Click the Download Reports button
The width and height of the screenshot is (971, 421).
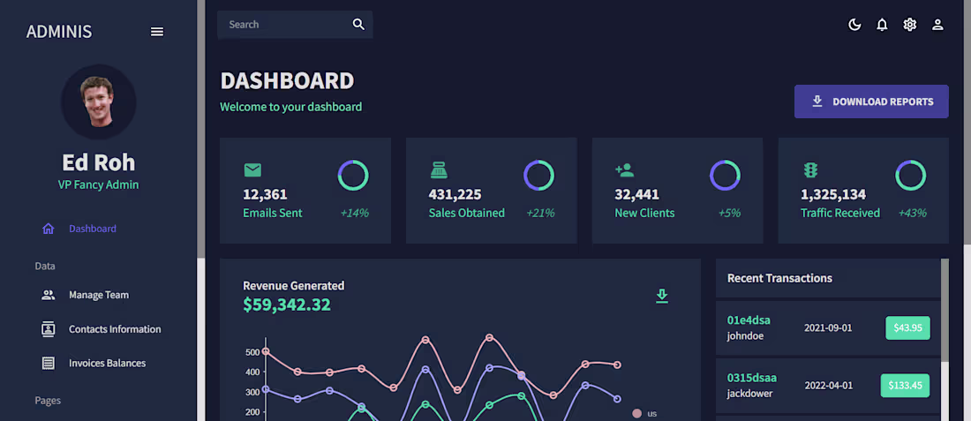(871, 101)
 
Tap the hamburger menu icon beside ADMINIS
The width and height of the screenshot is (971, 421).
(157, 32)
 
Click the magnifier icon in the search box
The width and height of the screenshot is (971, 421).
(358, 25)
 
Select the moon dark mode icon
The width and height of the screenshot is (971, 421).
(854, 25)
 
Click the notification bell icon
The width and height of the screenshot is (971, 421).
(882, 25)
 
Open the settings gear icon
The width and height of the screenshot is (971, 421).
(910, 25)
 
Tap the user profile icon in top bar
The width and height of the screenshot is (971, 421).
(937, 25)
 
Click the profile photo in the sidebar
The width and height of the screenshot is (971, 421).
(99, 101)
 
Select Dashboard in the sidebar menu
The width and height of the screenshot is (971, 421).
(92, 229)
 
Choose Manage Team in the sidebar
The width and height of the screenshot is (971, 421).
(98, 295)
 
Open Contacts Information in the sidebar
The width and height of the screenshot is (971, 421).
(114, 329)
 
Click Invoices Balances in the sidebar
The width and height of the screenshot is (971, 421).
(107, 363)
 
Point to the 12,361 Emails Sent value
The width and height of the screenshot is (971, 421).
(265, 194)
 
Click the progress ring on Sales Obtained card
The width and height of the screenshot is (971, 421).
(538, 176)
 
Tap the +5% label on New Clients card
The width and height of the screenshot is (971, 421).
(728, 213)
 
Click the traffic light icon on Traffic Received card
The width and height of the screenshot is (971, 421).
(810, 169)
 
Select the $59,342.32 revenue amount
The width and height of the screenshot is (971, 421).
(286, 304)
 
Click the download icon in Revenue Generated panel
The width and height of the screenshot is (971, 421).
(662, 296)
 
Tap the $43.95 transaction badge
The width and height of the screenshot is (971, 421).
(907, 327)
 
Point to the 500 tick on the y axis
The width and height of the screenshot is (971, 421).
(252, 352)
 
